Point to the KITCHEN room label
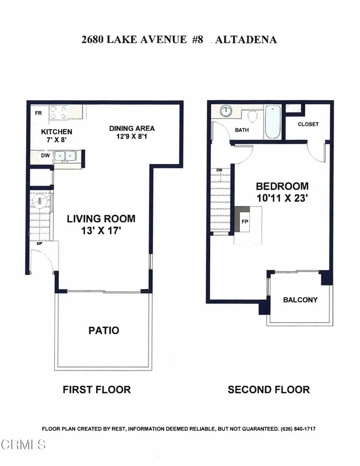coord(57,132)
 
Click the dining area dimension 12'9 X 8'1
coord(132,136)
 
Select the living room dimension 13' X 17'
coord(101,231)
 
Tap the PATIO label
coord(103,330)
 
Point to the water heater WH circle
coord(39,201)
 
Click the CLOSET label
coord(308,124)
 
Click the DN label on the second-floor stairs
coord(219,171)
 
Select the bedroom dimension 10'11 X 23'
coord(282,198)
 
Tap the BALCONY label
coord(300,300)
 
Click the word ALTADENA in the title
coord(246,40)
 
